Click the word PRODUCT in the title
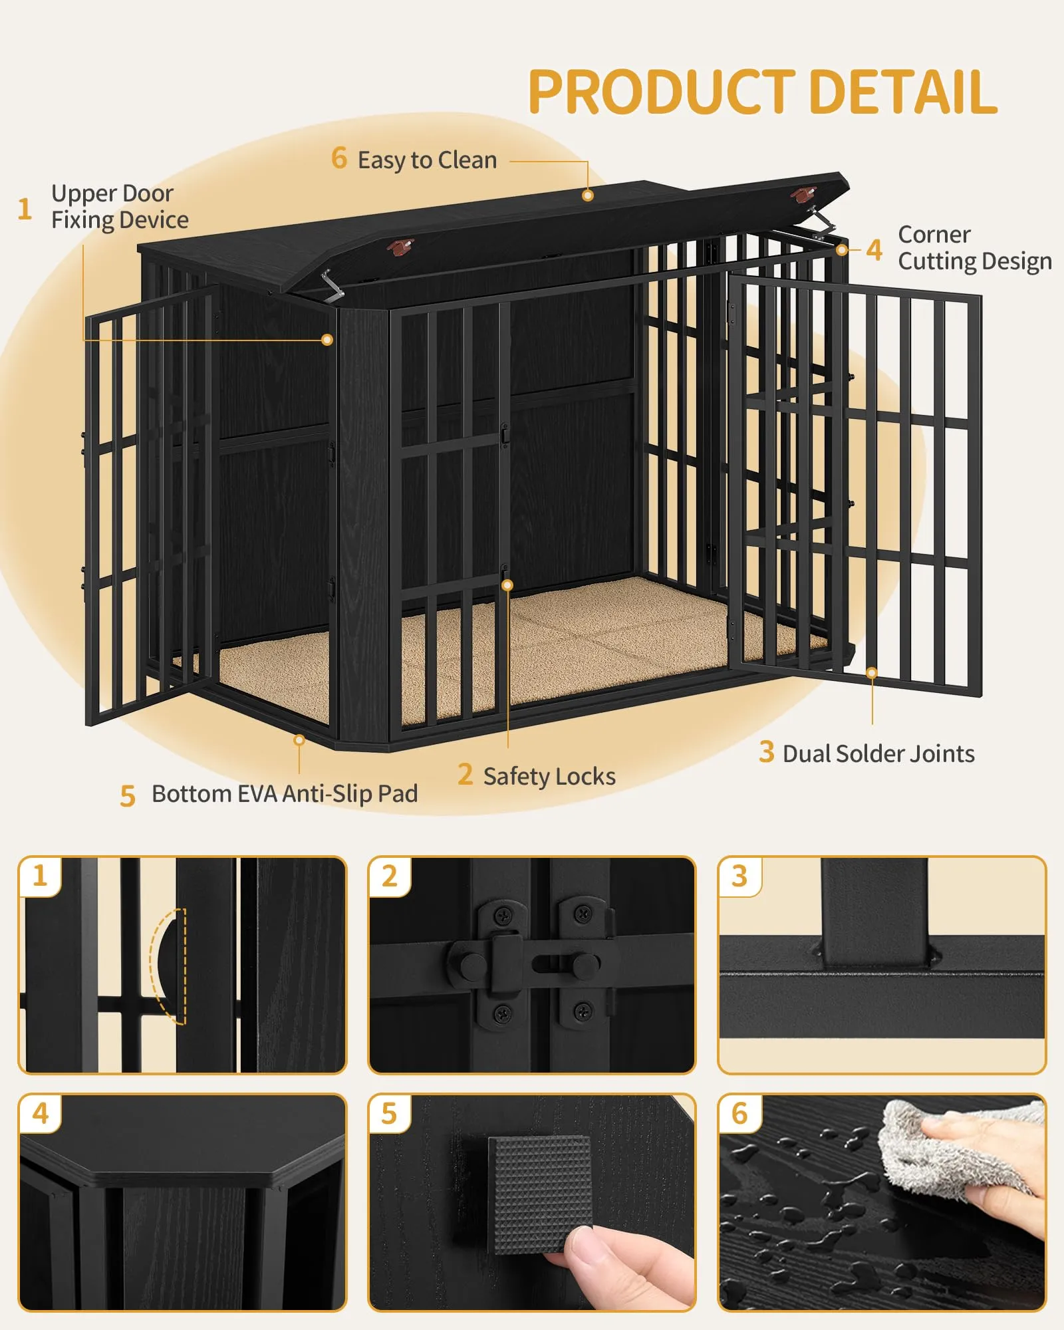[x=661, y=92]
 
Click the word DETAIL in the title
[x=903, y=92]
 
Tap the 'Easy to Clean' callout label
[x=427, y=160]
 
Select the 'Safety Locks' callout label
[x=549, y=776]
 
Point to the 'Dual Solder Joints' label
[x=878, y=753]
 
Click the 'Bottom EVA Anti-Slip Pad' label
[x=285, y=793]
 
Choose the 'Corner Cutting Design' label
[x=975, y=248]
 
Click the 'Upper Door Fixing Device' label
[x=120, y=207]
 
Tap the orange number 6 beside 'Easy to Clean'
[x=339, y=158]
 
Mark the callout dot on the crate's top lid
[x=587, y=196]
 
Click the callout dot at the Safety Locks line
[x=507, y=585]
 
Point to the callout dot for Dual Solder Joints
[x=872, y=674]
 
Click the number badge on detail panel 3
[x=739, y=876]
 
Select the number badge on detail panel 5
[x=389, y=1113]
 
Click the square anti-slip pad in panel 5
[x=540, y=1194]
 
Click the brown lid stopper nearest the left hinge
[x=400, y=247]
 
